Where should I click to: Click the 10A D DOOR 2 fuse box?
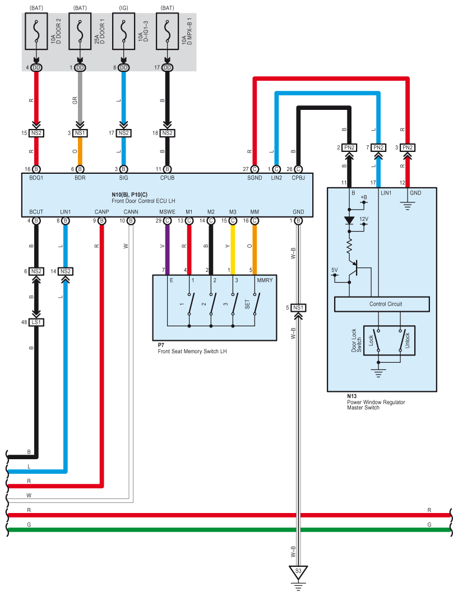click(36, 31)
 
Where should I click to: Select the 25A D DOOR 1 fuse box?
click(80, 31)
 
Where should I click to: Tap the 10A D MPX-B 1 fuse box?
click(167, 31)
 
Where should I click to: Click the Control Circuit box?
click(382, 304)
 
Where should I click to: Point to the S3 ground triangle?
click(298, 572)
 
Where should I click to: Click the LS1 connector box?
click(36, 322)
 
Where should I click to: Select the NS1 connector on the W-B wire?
click(298, 307)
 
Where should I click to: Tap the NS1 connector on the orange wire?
click(80, 133)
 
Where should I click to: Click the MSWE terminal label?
click(167, 212)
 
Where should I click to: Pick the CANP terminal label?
click(102, 212)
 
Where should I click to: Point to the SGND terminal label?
click(255, 178)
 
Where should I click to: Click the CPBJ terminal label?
click(298, 178)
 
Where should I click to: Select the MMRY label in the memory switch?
click(265, 280)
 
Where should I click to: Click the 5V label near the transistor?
click(335, 270)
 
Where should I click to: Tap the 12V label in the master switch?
click(364, 219)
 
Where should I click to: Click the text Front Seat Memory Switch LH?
click(192, 351)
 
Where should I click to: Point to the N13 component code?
click(351, 396)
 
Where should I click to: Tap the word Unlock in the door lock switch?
click(407, 340)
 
